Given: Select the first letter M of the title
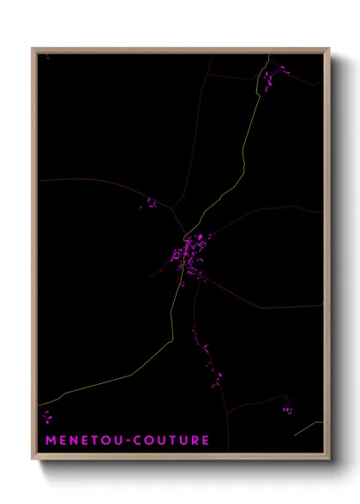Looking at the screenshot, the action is point(49,441).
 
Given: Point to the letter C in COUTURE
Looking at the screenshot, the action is point(135,441).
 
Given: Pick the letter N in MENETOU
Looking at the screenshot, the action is point(72,441).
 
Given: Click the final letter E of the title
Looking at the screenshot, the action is point(206,441).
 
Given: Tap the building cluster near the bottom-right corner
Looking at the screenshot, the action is point(287,410).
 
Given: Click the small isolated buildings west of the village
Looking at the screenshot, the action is point(150,203).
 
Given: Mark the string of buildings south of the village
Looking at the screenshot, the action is point(206,351).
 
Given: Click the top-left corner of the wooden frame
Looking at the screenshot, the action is point(33,49).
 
